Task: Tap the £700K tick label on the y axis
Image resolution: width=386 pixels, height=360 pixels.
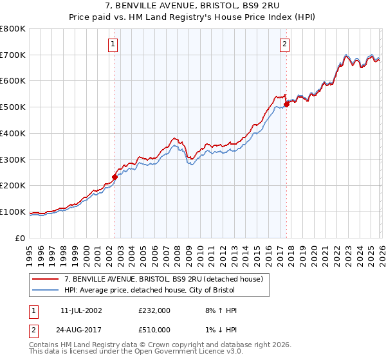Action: point(13,55)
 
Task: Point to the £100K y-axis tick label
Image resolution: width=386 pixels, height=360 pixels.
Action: point(13,212)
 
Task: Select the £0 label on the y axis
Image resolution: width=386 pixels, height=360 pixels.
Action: point(21,238)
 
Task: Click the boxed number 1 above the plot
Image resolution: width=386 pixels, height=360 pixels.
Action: point(113,44)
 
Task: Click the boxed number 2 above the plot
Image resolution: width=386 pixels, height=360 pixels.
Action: point(284,44)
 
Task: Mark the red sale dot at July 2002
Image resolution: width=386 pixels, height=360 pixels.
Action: point(115,177)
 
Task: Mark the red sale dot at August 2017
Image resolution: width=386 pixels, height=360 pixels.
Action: point(286,105)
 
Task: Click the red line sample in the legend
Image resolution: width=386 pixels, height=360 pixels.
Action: point(46,280)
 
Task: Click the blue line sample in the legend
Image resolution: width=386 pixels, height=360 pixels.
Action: point(46,291)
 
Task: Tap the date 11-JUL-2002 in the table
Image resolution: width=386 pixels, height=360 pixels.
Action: point(85,310)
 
